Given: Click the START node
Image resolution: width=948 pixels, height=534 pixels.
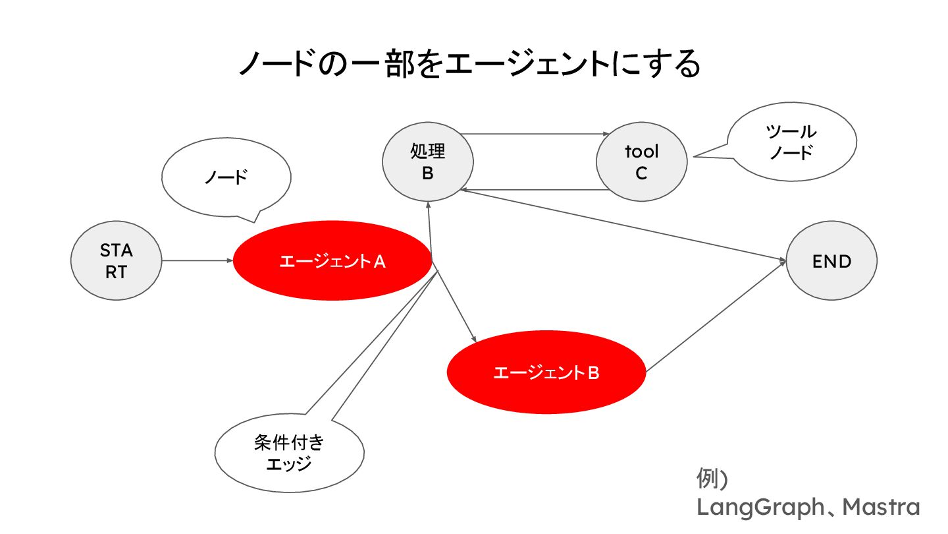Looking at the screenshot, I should point(116,261).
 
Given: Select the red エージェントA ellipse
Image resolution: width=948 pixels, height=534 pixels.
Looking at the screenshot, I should point(333,261).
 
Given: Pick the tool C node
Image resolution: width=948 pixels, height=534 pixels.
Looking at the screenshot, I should point(641,162).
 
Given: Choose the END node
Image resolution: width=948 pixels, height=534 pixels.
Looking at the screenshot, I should point(832,262).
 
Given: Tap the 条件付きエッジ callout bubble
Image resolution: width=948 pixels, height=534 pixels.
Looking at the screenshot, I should point(289,452).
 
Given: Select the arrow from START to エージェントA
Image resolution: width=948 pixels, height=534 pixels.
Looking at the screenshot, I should point(197,260).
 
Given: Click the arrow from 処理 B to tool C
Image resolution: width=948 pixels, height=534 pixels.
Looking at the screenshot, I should point(533,134).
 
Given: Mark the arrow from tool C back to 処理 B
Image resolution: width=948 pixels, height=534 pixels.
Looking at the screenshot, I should point(533,190).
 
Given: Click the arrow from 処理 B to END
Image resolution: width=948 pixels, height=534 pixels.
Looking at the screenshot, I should point(625,226).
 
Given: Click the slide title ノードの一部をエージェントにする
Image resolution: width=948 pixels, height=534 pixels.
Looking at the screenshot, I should point(468,65).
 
